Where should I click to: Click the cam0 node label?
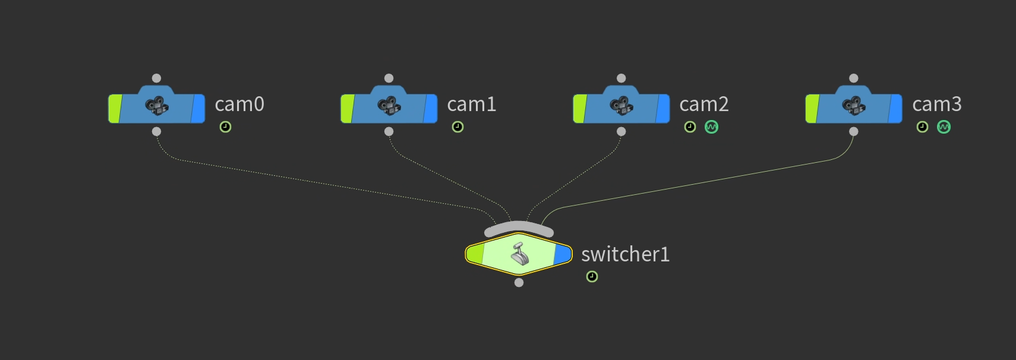coord(239,105)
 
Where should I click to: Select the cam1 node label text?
coord(471,105)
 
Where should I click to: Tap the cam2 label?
coord(703,105)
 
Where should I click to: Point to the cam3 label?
coord(936,105)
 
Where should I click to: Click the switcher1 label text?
coord(625,255)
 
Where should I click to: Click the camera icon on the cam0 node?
coord(157,106)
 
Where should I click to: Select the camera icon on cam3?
coord(854,106)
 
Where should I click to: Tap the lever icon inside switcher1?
coord(520,254)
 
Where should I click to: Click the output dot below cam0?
coord(156,131)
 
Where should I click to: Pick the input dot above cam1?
coord(389,78)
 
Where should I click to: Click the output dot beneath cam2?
coord(621,131)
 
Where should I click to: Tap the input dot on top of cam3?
coord(853,78)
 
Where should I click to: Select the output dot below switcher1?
coord(519,283)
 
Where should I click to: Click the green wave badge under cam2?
coord(711,127)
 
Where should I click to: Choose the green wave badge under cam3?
coord(944,127)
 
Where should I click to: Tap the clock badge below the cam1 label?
coord(457,127)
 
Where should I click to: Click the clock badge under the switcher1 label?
coord(592,277)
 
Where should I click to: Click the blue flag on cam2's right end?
coord(662,109)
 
